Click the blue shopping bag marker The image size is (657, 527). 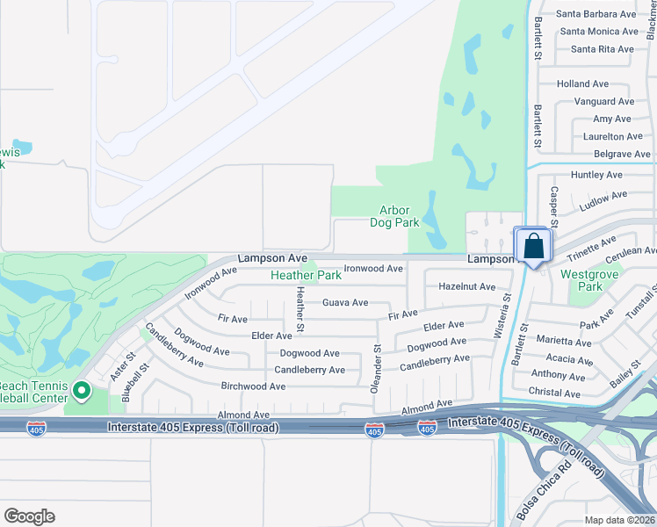point(533,246)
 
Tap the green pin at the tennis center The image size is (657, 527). point(81,391)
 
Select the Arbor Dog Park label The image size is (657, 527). point(400,216)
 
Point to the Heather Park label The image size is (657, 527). point(306,275)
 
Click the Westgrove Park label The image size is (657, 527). point(581,280)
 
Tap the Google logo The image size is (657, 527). point(29,516)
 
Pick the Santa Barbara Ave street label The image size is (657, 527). point(596,14)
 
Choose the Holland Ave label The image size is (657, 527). point(582,84)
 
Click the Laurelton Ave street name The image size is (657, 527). point(613,137)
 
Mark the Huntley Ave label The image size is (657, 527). point(596,175)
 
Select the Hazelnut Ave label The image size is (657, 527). point(466,286)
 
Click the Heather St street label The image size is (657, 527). point(300,310)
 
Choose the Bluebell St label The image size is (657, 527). point(136,383)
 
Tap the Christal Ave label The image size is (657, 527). point(557,393)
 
